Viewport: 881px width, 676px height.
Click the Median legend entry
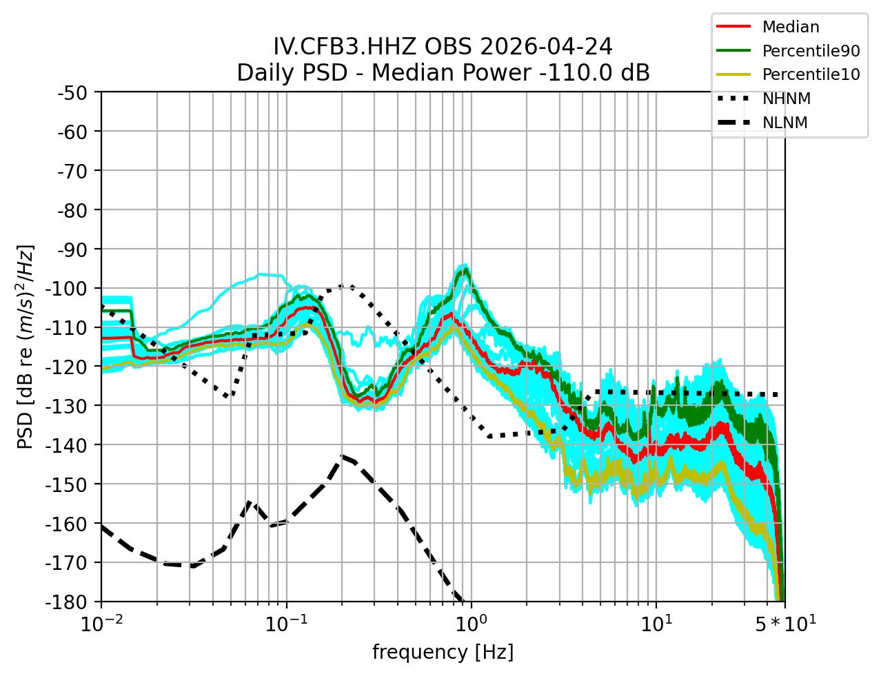(790, 28)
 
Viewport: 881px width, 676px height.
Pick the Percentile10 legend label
(811, 75)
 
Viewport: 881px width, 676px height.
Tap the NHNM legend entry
(786, 99)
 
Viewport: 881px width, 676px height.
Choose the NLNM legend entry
(784, 123)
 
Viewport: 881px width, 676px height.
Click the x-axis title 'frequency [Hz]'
(443, 652)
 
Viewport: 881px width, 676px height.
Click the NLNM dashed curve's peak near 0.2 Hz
(342, 456)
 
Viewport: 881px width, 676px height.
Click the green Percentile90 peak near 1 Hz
(467, 269)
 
